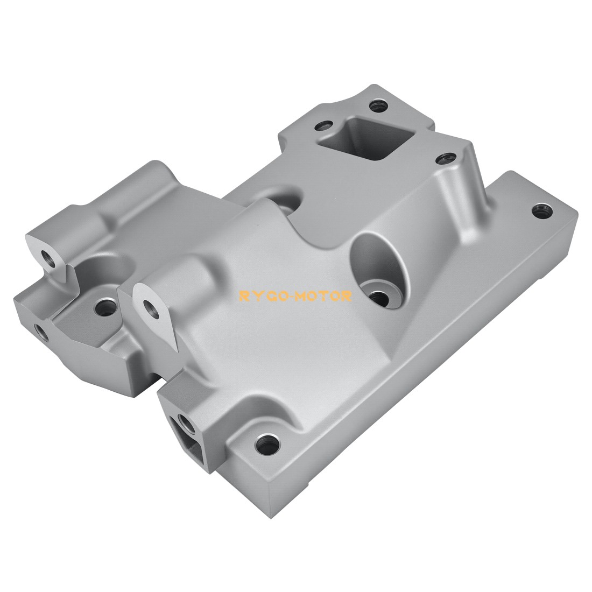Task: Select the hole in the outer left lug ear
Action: pyautogui.click(x=48, y=257)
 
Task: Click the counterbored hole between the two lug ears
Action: pyautogui.click(x=104, y=307)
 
